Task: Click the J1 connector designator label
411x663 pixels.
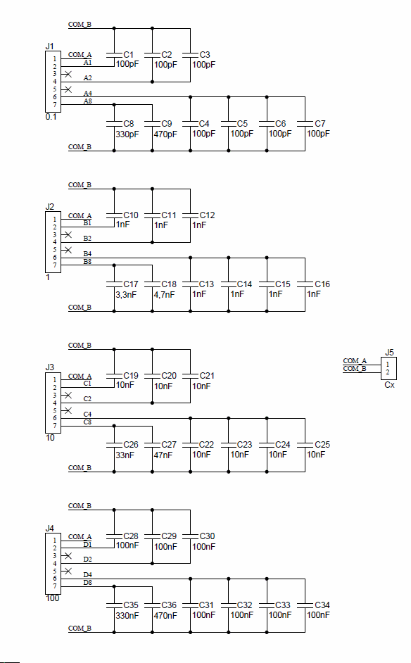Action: (x=49, y=46)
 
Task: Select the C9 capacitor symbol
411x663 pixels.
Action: (x=152, y=124)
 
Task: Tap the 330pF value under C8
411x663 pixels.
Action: (x=127, y=134)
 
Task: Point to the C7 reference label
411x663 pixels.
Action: (x=320, y=123)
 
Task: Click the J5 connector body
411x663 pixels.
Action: (x=388, y=368)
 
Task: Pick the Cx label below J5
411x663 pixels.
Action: (x=389, y=385)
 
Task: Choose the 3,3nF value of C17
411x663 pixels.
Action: (x=126, y=294)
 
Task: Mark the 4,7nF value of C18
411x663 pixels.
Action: (x=164, y=294)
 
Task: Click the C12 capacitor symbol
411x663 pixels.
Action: (x=190, y=215)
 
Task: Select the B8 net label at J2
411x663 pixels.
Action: (x=87, y=262)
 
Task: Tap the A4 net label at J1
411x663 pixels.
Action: (x=87, y=93)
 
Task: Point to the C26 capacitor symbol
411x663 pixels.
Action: (x=114, y=445)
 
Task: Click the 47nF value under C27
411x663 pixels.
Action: (x=163, y=455)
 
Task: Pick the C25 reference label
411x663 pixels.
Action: (x=322, y=444)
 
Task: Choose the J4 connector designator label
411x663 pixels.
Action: (x=49, y=528)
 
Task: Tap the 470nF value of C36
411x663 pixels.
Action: (x=165, y=616)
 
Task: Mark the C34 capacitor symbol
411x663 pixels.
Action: (x=305, y=605)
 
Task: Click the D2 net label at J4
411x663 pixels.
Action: (x=87, y=560)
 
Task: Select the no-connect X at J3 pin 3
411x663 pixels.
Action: (x=68, y=395)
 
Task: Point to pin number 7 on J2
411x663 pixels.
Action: (x=55, y=265)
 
